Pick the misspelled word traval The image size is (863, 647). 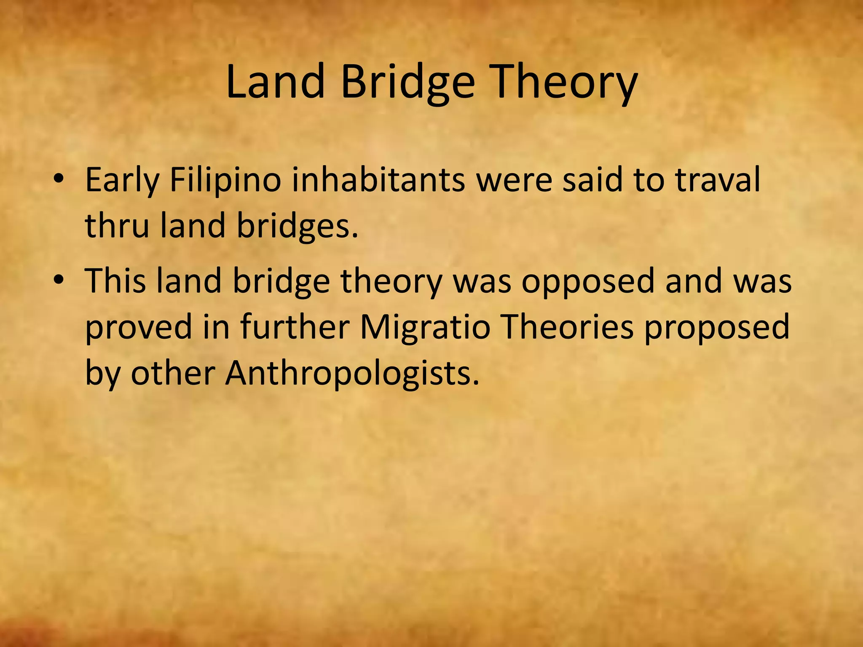718,179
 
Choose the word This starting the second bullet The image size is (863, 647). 115,281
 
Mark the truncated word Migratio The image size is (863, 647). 425,328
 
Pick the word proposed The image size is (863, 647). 717,328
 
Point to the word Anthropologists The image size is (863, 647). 352,374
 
